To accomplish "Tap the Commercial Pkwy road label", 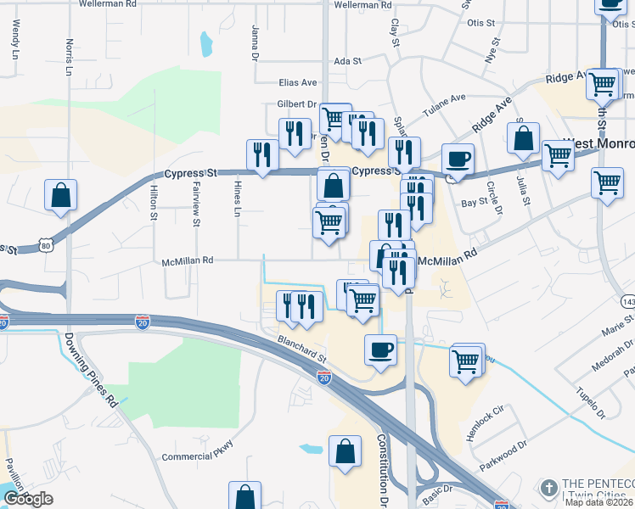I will point(197,456).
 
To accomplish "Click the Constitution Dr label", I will point(382,472).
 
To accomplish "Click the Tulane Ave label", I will point(446,104).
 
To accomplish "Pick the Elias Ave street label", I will point(297,82).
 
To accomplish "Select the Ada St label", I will point(348,61).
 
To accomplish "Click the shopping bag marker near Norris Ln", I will point(61,195).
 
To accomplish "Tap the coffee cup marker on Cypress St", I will point(458,159).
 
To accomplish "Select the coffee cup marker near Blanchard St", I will point(380,349).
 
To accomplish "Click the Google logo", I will point(28,499).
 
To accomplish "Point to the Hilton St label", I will point(155,204).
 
